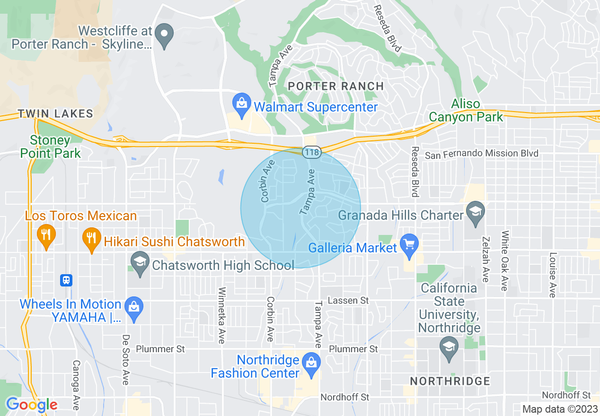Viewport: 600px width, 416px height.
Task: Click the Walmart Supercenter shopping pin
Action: coord(242,103)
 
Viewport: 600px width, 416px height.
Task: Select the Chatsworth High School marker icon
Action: coord(140,264)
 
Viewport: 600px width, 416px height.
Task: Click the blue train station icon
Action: coord(66,280)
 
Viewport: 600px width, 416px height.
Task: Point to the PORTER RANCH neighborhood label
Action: coord(336,86)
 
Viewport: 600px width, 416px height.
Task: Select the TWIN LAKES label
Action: coord(55,113)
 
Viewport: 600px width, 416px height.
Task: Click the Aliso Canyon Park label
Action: coord(466,111)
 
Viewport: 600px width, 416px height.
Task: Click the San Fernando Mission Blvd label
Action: coord(481,154)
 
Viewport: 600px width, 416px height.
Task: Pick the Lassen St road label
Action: coord(348,300)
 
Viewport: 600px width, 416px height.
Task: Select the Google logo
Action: coord(32,404)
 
